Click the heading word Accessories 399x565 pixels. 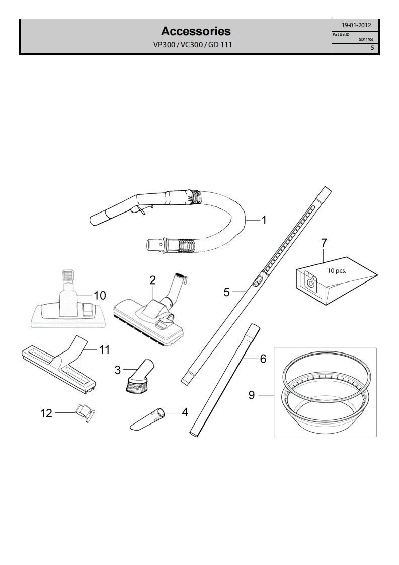click(196, 31)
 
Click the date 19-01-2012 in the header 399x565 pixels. click(356, 25)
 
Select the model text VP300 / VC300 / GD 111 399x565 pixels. click(193, 45)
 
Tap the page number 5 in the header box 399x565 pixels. click(373, 47)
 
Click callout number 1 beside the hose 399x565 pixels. click(264, 220)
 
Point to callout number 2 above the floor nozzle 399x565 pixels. click(152, 279)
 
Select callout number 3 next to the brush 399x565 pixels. click(118, 370)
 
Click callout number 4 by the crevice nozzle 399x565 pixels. click(185, 412)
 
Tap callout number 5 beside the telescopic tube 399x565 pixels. click(226, 292)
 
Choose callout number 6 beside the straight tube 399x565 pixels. click(263, 359)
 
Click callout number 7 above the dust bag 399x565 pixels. click(324, 243)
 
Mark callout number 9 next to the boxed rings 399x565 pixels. click(252, 395)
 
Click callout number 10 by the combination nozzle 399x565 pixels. click(100, 296)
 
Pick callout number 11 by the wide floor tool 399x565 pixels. click(105, 349)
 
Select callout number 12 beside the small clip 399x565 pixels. click(46, 413)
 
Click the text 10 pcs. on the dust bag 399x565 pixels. click(337, 271)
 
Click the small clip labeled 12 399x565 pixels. click(86, 412)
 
